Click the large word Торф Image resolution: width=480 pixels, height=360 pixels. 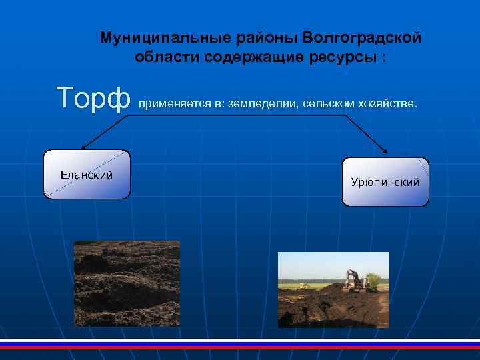(x=93, y=99)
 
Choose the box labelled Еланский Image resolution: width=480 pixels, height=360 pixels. (x=87, y=175)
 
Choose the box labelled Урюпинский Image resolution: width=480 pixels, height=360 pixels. (x=385, y=182)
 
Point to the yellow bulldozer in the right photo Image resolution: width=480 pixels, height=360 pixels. (x=304, y=285)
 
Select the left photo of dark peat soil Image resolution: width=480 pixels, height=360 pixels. (x=127, y=283)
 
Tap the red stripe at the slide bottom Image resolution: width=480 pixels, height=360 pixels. (x=240, y=347)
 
